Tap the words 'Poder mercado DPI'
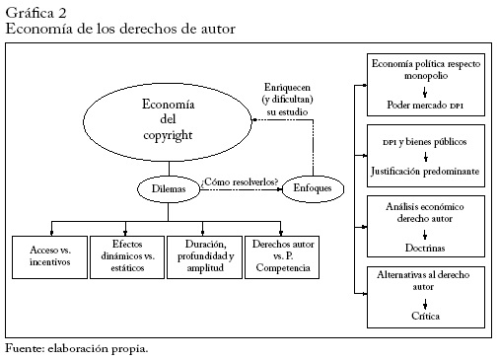coord(425,104)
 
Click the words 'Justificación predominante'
coord(425,171)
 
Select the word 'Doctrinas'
coord(425,243)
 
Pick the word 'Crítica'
coord(425,315)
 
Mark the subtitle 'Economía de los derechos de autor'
coord(120,29)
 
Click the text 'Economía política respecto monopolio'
coord(425,69)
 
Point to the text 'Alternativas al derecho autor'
coord(425,280)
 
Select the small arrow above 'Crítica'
coord(425,302)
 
